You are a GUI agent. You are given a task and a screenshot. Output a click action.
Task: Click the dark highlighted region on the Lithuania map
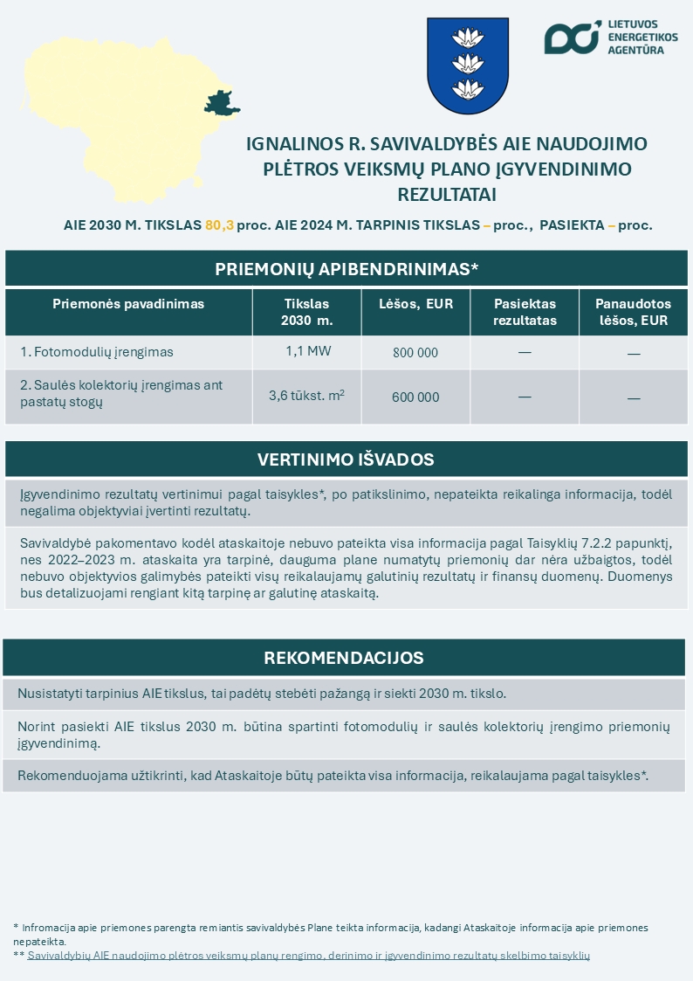(x=221, y=102)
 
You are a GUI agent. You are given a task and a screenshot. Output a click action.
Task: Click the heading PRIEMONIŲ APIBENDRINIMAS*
(x=346, y=269)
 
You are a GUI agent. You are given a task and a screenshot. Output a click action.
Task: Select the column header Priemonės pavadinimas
(x=128, y=304)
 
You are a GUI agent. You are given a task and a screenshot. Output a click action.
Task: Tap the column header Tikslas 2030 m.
(x=306, y=312)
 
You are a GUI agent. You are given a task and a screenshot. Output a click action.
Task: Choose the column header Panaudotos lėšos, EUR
(x=633, y=312)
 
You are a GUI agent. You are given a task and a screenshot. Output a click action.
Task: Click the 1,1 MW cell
(x=306, y=351)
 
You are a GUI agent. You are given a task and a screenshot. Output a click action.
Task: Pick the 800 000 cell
(x=415, y=353)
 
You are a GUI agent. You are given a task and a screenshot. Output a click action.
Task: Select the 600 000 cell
(x=415, y=397)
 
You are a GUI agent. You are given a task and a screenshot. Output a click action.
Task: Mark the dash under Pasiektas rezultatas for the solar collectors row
(x=525, y=397)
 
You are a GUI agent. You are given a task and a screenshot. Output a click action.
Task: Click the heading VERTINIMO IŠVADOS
(x=346, y=459)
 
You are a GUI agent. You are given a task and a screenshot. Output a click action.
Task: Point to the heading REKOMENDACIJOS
(x=344, y=658)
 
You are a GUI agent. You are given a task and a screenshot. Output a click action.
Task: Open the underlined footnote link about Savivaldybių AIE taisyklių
(x=309, y=956)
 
